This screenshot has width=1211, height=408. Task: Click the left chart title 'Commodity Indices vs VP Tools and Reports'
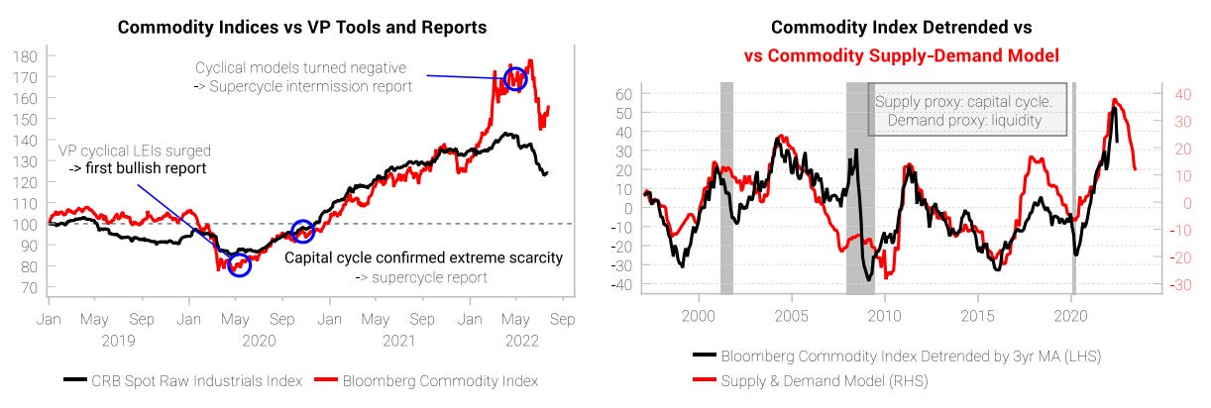tap(302, 27)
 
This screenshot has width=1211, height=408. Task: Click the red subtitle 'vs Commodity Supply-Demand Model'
tap(901, 55)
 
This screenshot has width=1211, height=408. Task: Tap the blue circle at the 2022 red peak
tap(514, 78)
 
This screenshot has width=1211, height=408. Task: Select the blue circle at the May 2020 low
tap(239, 264)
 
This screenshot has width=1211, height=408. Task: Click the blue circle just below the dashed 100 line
tap(303, 232)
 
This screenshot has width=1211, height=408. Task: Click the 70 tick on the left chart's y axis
tap(29, 288)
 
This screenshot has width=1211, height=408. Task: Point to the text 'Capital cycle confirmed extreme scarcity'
tap(423, 257)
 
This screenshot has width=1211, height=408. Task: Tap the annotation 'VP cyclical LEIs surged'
tap(134, 151)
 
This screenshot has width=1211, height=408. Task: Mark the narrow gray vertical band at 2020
tap(1073, 188)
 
